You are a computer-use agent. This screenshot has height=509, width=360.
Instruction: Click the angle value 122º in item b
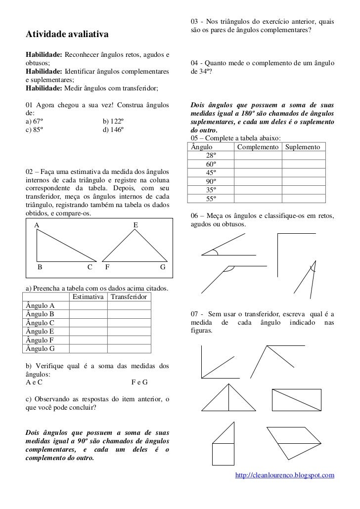coord(113,121)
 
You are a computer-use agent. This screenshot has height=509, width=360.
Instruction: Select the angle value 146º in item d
coord(113,129)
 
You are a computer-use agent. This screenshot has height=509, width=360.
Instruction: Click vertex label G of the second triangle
coord(162,268)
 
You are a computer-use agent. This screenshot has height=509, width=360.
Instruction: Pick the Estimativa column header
coord(88,297)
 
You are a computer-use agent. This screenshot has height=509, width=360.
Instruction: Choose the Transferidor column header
coord(129,297)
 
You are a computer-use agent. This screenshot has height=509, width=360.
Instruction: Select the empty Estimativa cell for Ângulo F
coord(88,340)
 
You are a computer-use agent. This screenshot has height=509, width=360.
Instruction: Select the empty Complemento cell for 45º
coord(257,173)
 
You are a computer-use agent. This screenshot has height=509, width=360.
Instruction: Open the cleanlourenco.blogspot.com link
coord(285,475)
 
